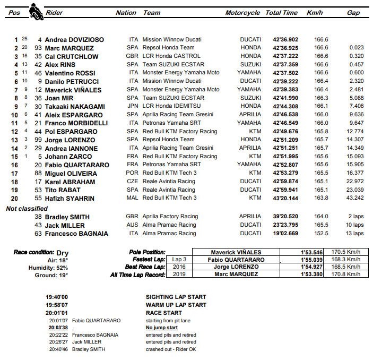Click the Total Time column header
281,13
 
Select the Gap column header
353,13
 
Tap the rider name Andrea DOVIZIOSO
74,40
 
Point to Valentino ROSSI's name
70,73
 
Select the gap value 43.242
354,198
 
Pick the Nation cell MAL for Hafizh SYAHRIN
133,198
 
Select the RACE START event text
163,313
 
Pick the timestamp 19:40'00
57,297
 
